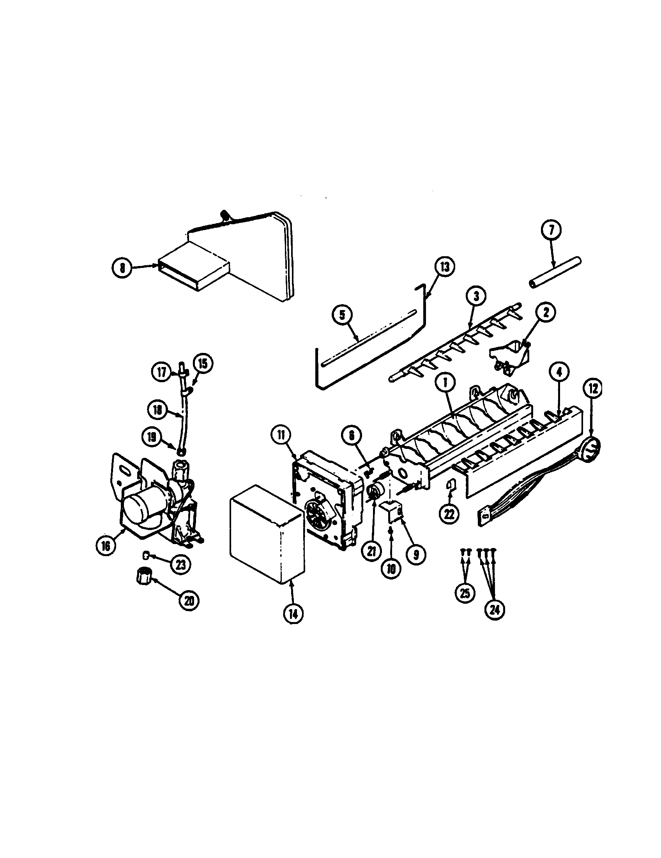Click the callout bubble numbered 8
pyautogui.click(x=123, y=268)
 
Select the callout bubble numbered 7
pyautogui.click(x=551, y=230)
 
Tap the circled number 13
pyautogui.click(x=444, y=267)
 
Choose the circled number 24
pyautogui.click(x=495, y=609)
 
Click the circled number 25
pyautogui.click(x=465, y=604)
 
